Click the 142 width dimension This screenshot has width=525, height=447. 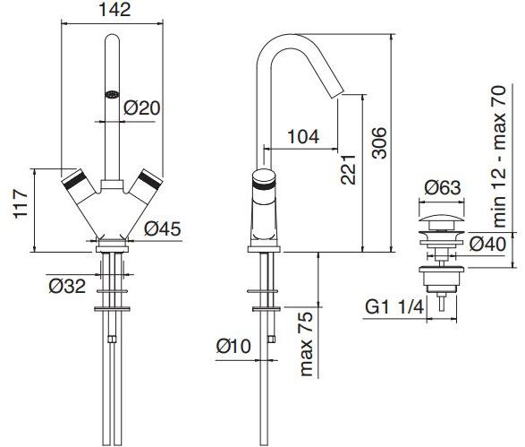(x=114, y=10)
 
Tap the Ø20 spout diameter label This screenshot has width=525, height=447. (x=142, y=107)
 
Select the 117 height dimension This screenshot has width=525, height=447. (x=21, y=204)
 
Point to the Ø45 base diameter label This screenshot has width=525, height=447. (x=163, y=228)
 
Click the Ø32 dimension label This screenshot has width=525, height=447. (x=67, y=286)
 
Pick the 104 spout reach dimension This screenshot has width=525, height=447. (x=303, y=137)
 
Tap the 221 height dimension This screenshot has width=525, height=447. (x=348, y=169)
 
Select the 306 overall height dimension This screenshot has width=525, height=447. (x=380, y=142)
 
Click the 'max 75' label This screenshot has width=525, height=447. (x=307, y=344)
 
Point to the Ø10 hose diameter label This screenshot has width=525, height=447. (x=233, y=346)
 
